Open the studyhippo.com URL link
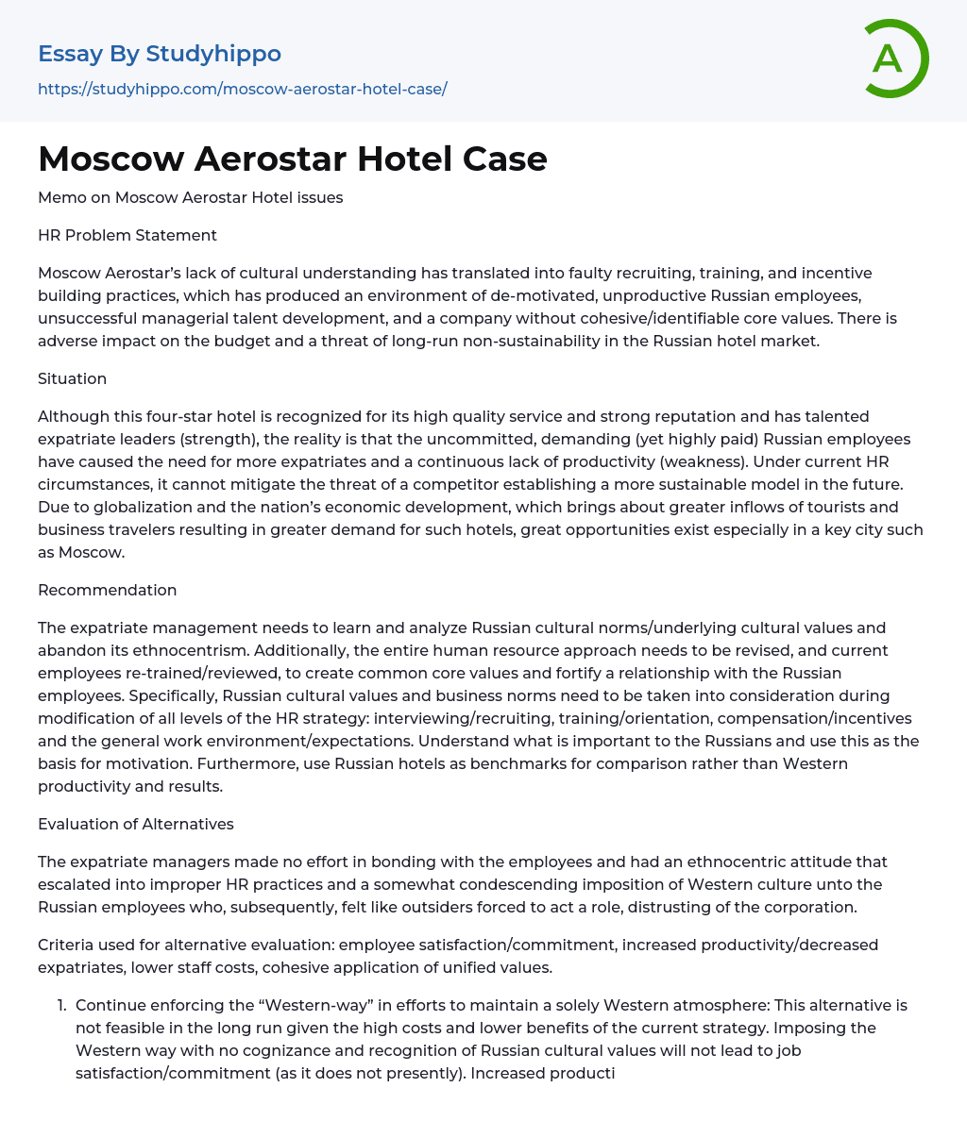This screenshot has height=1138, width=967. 243,89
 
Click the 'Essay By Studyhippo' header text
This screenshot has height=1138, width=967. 160,54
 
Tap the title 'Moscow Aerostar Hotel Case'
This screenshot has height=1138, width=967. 293,159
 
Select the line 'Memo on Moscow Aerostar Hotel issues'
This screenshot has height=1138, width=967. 190,197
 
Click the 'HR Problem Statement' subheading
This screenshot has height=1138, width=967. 127,235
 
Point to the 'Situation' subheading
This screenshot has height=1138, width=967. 72,378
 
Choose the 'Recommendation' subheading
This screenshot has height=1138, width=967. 107,590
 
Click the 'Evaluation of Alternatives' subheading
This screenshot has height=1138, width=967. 136,824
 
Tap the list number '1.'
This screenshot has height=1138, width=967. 63,1005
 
